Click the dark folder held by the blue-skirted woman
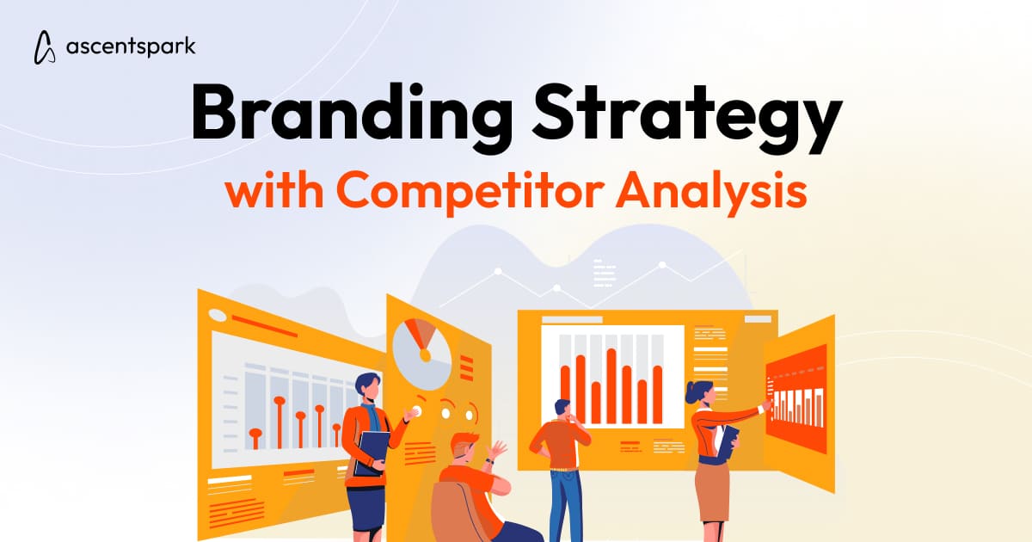point(372,451)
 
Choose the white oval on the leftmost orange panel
point(218,316)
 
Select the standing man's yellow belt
point(563,470)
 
